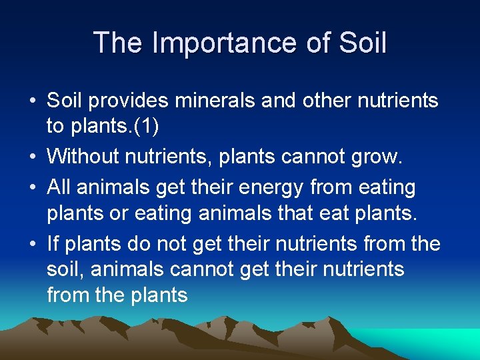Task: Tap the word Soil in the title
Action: tap(363, 43)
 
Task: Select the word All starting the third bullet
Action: tap(59, 188)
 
